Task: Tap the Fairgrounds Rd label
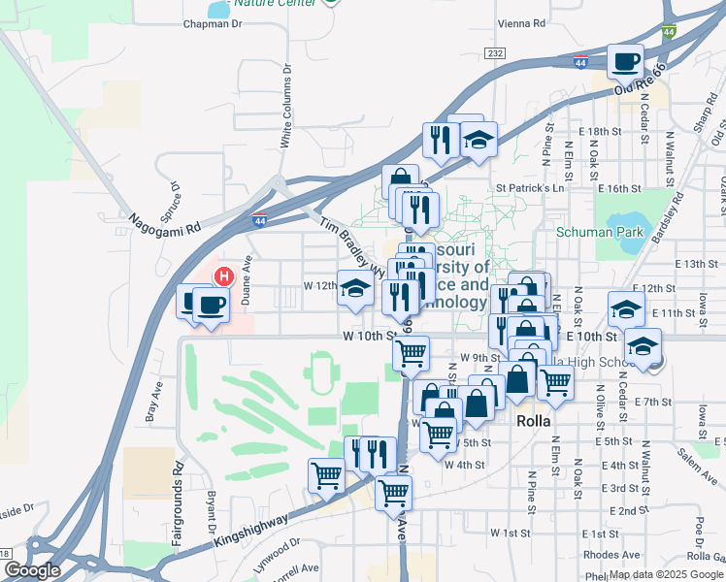click(x=179, y=508)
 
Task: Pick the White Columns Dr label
click(x=286, y=108)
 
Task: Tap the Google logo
click(x=32, y=570)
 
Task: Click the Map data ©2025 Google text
click(x=667, y=573)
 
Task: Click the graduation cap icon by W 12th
click(x=355, y=287)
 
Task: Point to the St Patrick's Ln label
click(x=530, y=188)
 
